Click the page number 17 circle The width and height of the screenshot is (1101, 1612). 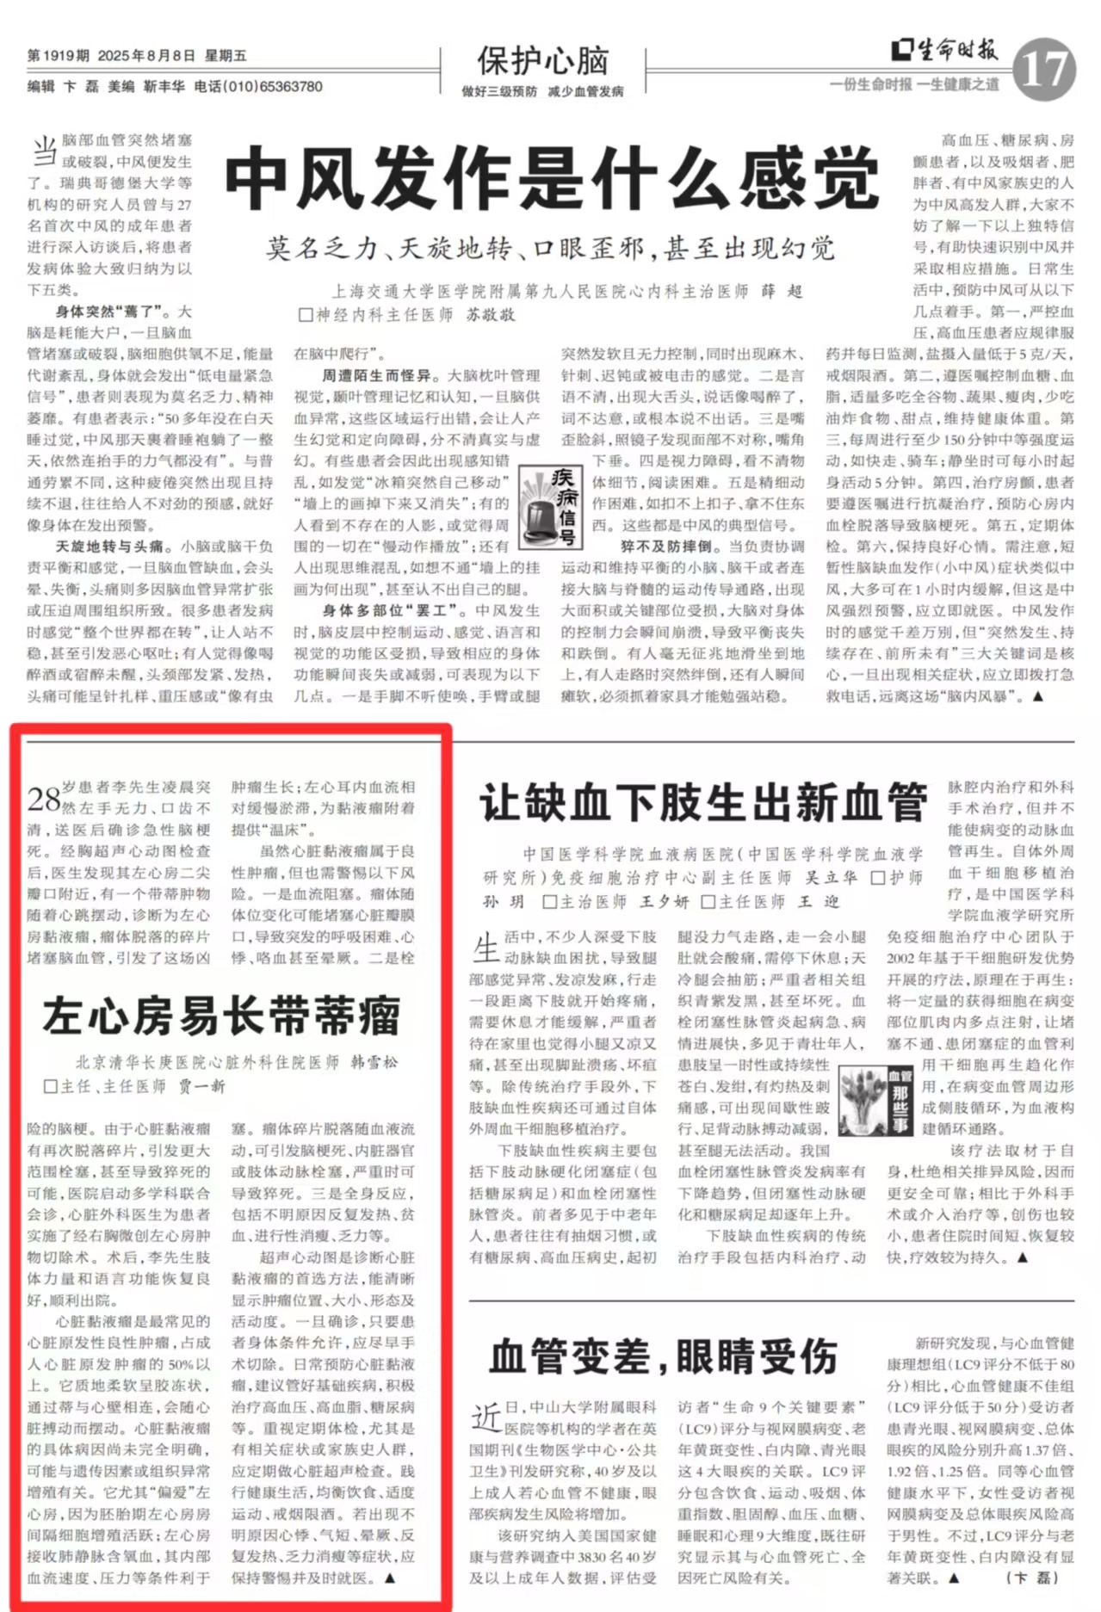coord(1043,70)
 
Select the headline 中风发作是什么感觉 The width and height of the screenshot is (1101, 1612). coord(552,178)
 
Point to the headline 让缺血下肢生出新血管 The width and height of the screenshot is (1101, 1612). coord(703,803)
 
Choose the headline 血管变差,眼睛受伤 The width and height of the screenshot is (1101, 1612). coord(663,1357)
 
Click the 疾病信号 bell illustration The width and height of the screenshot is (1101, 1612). coord(551,507)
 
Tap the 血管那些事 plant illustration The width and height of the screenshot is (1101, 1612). coord(875,1099)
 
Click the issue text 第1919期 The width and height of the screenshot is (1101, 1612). coord(58,56)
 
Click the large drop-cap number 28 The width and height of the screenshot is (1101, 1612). coord(43,798)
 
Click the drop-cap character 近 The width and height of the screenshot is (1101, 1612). coord(486,1416)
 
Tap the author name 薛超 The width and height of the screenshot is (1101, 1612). coord(781,292)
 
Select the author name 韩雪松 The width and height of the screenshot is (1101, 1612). coord(374,1062)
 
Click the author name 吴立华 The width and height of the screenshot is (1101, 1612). coord(831,877)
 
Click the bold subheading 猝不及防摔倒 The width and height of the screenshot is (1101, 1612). coord(665,547)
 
